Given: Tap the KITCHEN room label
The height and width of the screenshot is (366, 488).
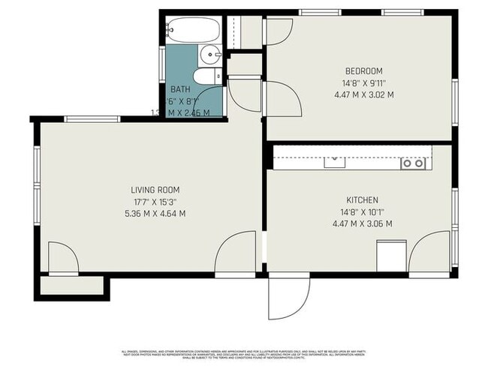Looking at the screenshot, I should click(x=361, y=199).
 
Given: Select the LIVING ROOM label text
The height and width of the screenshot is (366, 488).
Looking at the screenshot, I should click(x=155, y=190).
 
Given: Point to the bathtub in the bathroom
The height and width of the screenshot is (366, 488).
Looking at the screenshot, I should click(x=193, y=31).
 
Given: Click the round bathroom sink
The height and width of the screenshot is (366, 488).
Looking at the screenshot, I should click(x=209, y=53).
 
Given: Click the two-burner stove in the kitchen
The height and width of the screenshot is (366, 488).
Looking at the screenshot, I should click(x=412, y=162).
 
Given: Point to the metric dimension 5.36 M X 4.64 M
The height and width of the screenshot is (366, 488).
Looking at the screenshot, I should click(x=155, y=214).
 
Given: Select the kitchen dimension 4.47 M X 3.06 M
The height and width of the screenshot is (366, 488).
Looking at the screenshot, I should click(x=361, y=223).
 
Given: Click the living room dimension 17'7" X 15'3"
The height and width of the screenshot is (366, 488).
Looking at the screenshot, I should click(x=155, y=202).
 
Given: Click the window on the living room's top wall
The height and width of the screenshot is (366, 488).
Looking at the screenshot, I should click(x=92, y=118).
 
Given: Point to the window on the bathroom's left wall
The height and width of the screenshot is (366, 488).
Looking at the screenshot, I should click(x=162, y=64).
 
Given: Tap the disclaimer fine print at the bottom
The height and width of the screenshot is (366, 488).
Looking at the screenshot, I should click(x=245, y=353).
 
